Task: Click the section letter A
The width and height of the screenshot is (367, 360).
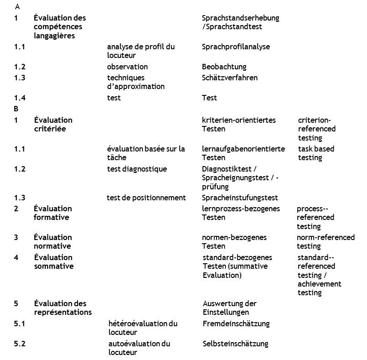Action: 17,7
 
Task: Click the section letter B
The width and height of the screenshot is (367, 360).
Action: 16,109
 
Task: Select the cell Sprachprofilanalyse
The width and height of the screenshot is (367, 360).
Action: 236,47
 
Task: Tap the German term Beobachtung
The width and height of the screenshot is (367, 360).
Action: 224,67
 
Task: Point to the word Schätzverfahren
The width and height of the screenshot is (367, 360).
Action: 229,78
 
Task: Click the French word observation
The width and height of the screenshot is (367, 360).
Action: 127,67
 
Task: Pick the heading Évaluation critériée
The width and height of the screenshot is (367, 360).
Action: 53,124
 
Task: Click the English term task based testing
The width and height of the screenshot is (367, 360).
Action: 316,153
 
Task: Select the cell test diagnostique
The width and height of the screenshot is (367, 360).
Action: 137,169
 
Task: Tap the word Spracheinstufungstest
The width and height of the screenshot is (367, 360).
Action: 240,198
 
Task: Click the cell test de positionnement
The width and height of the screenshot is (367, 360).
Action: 146,198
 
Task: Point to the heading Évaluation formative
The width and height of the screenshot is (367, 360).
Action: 52,213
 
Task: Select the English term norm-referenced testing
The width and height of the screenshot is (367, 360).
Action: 325,242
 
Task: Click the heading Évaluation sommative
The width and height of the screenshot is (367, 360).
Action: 53,261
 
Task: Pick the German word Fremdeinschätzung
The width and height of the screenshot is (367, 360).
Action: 236,323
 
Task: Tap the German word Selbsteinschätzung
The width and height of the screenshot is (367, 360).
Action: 235,344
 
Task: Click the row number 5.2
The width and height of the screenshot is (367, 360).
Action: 20,344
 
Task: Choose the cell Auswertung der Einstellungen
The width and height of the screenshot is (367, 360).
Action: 229,308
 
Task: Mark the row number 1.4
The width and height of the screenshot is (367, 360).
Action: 20,98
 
